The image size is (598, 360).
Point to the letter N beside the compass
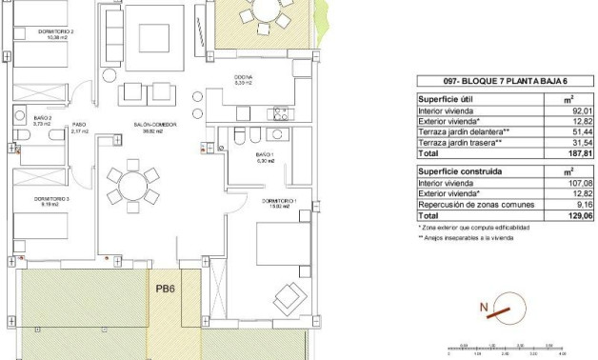(x=484, y=307)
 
